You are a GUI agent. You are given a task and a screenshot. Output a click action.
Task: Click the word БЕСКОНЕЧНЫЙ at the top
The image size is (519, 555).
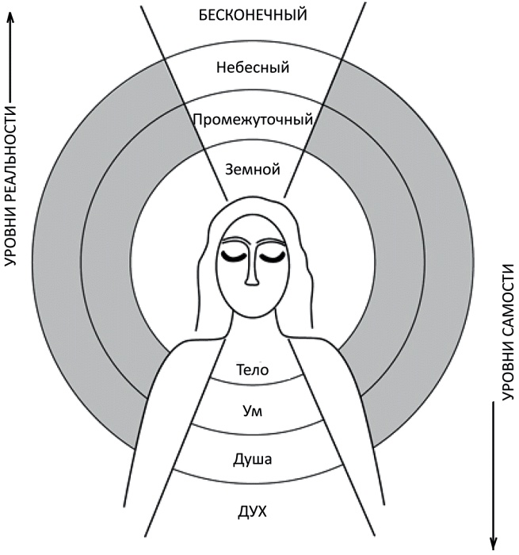click(252, 13)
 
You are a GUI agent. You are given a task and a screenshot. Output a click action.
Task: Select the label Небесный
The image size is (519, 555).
click(252, 67)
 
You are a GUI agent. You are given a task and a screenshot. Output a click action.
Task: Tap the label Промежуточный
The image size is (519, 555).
click(252, 121)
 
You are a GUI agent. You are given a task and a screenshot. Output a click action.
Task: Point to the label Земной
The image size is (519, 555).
click(253, 169)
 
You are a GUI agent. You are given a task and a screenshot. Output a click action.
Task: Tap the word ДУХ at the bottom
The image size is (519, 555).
click(253, 511)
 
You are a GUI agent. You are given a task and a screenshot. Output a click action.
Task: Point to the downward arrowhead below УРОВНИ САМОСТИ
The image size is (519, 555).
click(496, 543)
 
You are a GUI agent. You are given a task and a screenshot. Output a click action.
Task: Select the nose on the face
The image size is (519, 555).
click(253, 274)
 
